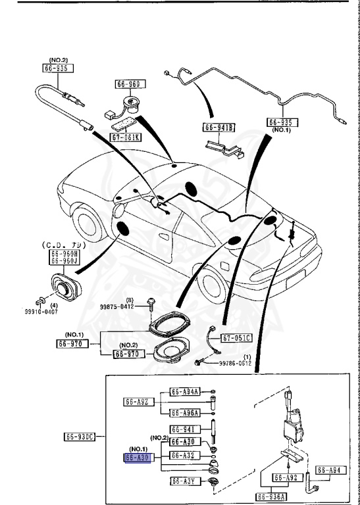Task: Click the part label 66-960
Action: click(x=130, y=84)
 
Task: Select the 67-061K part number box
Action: click(x=124, y=138)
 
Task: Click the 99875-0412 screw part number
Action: click(x=116, y=306)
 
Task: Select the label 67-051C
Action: click(x=237, y=338)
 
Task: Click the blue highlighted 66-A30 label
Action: click(x=138, y=458)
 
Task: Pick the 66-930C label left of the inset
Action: click(x=80, y=437)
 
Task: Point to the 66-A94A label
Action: click(x=185, y=391)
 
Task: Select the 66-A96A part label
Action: click(x=185, y=413)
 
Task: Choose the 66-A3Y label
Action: click(x=185, y=481)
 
